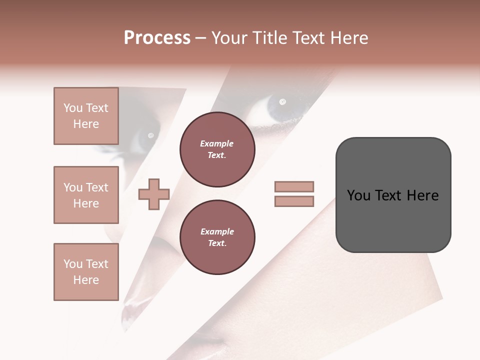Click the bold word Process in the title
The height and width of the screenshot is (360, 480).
pyautogui.click(x=157, y=38)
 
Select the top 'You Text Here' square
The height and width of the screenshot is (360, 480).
pyautogui.click(x=86, y=116)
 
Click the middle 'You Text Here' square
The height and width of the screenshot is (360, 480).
pyautogui.click(x=86, y=195)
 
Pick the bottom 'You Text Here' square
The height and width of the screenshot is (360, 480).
pyautogui.click(x=86, y=272)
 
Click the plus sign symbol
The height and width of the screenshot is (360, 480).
pyautogui.click(x=154, y=194)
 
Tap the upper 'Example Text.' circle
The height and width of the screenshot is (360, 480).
pyautogui.click(x=217, y=149)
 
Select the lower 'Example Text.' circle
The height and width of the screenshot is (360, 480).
pyautogui.click(x=217, y=237)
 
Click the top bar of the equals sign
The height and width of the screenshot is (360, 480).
pyautogui.click(x=294, y=187)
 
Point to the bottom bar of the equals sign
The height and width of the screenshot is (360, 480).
pyautogui.click(x=294, y=201)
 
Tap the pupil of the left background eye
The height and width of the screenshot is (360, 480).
pyautogui.click(x=150, y=135)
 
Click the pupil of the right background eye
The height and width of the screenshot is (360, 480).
pyautogui.click(x=282, y=102)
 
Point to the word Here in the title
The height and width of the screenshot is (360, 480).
pyautogui.click(x=350, y=38)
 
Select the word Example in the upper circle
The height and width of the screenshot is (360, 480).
pyautogui.click(x=217, y=143)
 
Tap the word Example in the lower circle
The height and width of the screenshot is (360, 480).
pyautogui.click(x=217, y=231)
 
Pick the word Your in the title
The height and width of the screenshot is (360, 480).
pyautogui.click(x=228, y=38)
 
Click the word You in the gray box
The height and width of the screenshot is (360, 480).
pyautogui.click(x=358, y=195)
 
